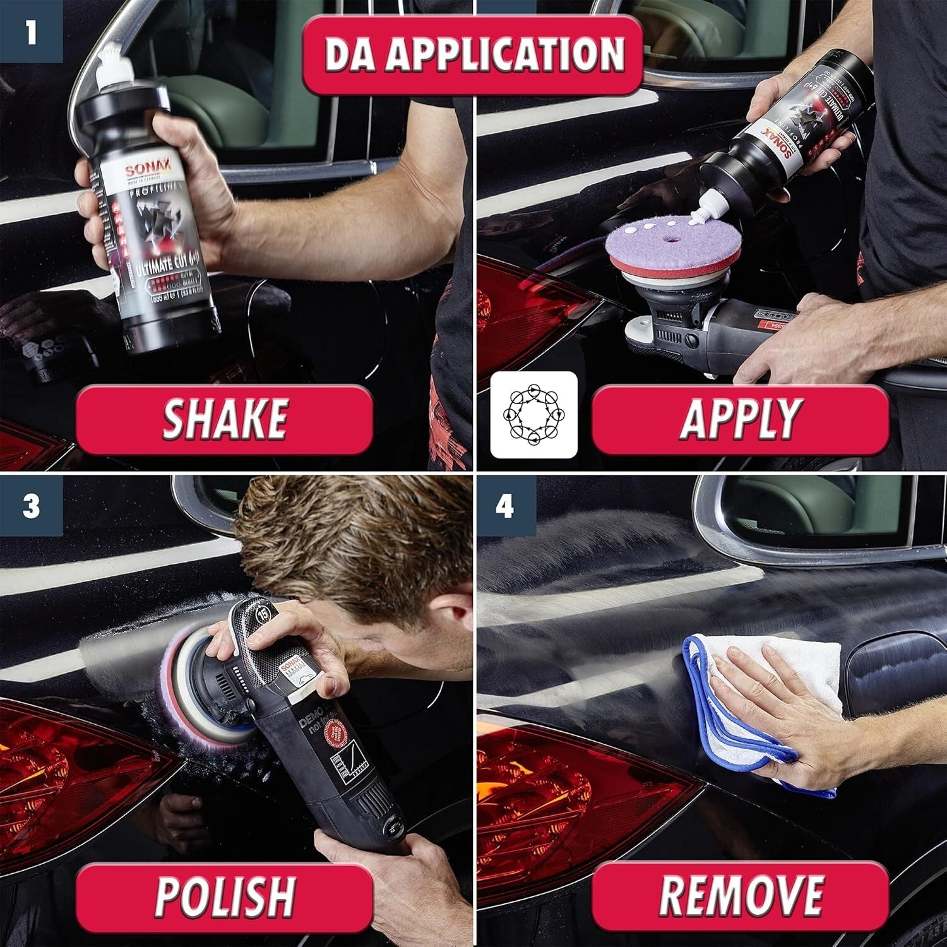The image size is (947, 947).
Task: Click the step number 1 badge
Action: click(30, 31)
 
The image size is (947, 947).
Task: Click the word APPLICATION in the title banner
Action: click(505, 55)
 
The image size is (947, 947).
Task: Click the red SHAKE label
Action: click(224, 419)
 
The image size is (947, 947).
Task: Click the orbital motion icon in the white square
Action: click(534, 415)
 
